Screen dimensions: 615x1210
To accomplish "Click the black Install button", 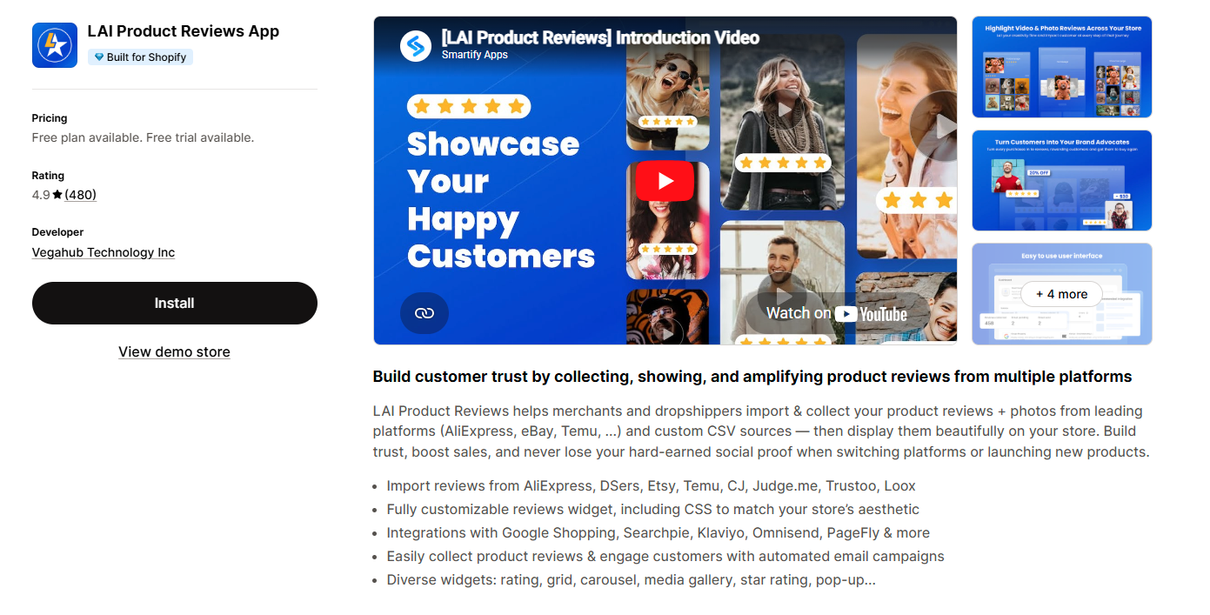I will tap(174, 303).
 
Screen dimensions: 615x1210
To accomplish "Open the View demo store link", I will tap(174, 351).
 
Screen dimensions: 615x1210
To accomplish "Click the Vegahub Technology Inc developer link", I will tap(104, 252).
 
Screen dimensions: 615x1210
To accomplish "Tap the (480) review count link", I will tap(80, 195).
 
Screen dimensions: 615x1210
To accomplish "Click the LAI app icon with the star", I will tap(55, 45).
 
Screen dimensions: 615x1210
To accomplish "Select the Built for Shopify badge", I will tap(140, 57).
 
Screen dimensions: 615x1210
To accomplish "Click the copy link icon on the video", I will tap(425, 313).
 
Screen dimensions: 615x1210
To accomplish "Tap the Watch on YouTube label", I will tap(836, 313).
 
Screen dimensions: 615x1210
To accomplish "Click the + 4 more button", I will tap(1061, 294).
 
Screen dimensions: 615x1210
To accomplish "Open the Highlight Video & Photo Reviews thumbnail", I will tap(1061, 67).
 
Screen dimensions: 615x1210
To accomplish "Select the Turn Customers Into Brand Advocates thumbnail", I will tap(1061, 181).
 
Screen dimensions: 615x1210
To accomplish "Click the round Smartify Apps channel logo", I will tap(416, 46).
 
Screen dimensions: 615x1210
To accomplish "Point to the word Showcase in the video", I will tap(492, 144).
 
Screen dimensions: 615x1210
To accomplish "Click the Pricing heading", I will tap(50, 118).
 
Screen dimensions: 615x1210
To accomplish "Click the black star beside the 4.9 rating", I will tap(57, 195).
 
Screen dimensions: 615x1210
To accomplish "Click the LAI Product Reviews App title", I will tap(184, 31).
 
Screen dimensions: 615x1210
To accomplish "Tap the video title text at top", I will tap(600, 37).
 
